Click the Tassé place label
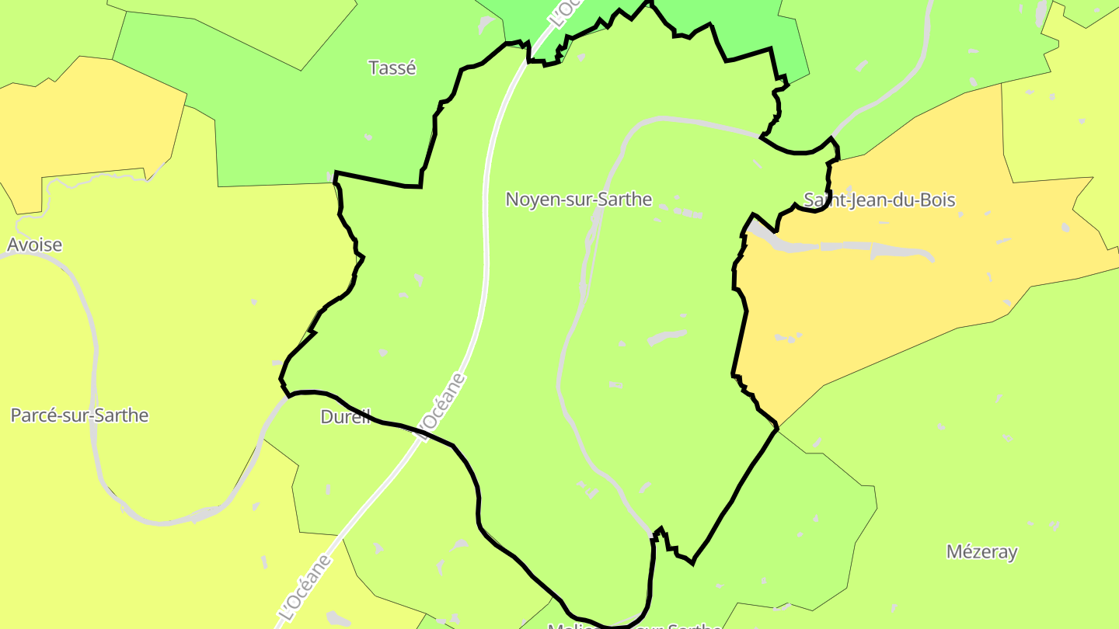click(392, 68)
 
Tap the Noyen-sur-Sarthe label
click(578, 200)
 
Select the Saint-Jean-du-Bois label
click(879, 200)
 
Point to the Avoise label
click(34, 245)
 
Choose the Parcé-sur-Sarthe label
click(79, 415)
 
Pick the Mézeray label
click(981, 552)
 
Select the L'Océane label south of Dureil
click(304, 586)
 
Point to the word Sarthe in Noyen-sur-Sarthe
click(625, 200)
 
